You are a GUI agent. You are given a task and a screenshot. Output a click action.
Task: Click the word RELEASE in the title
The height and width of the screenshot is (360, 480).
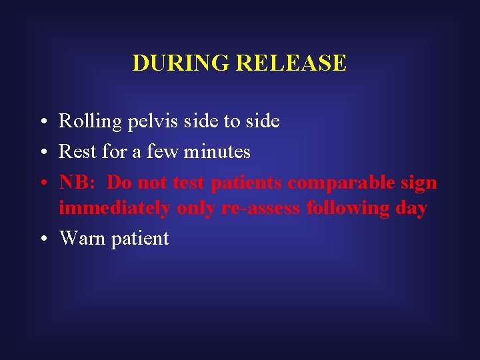coord(291,63)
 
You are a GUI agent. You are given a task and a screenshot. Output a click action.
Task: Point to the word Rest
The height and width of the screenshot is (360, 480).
coord(77,152)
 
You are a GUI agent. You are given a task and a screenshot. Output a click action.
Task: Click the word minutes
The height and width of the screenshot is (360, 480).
coord(217,152)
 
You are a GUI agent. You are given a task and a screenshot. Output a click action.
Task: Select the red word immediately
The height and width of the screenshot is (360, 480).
coord(115,208)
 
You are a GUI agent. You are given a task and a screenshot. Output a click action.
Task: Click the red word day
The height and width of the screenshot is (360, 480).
coord(411,208)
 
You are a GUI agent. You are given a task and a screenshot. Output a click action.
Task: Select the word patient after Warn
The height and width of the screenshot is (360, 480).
coord(140,239)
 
